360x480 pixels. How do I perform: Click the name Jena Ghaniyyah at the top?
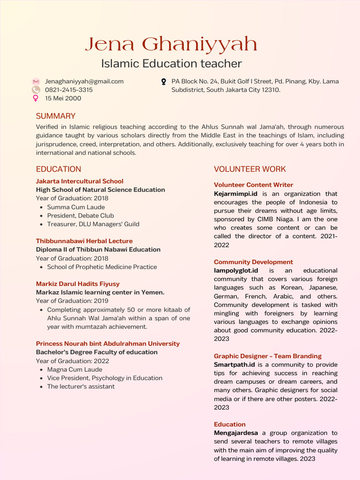pyautogui.click(x=171, y=45)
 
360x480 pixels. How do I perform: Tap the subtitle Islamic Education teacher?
pyautogui.click(x=172, y=63)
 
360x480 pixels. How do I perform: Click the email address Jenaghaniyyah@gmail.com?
pyautogui.click(x=84, y=81)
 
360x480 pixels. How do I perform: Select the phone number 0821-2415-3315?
pyautogui.click(x=68, y=90)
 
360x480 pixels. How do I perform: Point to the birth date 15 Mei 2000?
pyautogui.click(x=63, y=98)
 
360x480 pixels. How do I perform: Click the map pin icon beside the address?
pyautogui.click(x=164, y=82)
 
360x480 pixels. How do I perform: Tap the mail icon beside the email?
pyautogui.click(x=36, y=82)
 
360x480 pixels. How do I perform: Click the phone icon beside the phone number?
pyautogui.click(x=36, y=90)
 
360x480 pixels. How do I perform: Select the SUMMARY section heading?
pyautogui.click(x=56, y=116)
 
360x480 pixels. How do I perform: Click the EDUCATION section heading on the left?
pyautogui.click(x=59, y=169)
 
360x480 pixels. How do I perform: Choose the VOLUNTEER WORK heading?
pyautogui.click(x=250, y=169)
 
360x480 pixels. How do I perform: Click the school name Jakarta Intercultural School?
pyautogui.click(x=80, y=181)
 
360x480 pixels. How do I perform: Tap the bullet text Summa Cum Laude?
pyautogui.click(x=76, y=207)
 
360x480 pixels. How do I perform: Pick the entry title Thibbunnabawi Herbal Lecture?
pyautogui.click(x=84, y=241)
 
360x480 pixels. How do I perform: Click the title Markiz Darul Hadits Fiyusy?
pyautogui.click(x=78, y=284)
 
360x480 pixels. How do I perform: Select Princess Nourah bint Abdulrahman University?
pyautogui.click(x=108, y=344)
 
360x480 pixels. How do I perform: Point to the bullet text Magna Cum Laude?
pyautogui.click(x=75, y=369)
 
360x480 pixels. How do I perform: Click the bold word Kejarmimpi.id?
pyautogui.click(x=236, y=194)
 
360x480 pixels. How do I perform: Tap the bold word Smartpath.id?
pyautogui.click(x=234, y=365)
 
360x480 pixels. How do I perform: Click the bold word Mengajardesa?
pyautogui.click(x=236, y=433)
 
